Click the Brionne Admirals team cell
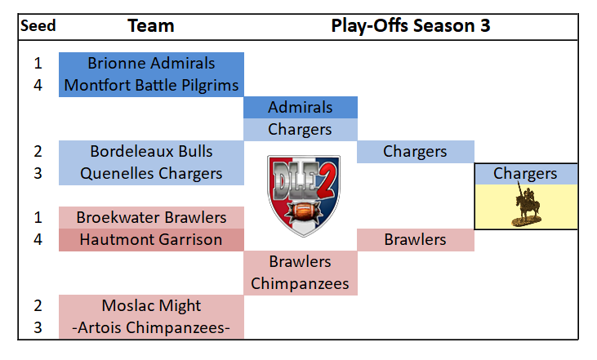click(151, 64)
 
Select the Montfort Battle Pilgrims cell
click(151, 86)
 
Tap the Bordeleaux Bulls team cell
click(151, 152)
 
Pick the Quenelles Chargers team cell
click(151, 174)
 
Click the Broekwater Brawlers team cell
click(151, 218)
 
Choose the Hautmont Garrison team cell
click(151, 240)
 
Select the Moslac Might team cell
click(151, 306)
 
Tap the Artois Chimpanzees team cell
click(151, 327)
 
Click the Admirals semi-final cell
click(301, 108)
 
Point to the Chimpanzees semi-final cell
click(301, 284)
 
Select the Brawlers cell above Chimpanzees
click(301, 262)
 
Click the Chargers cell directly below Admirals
click(301, 130)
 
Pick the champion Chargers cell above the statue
click(526, 174)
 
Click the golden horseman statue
click(527, 206)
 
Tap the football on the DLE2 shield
click(304, 211)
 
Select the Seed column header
click(38, 26)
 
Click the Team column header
click(151, 26)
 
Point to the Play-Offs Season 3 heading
click(411, 26)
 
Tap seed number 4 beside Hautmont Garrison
click(38, 240)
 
